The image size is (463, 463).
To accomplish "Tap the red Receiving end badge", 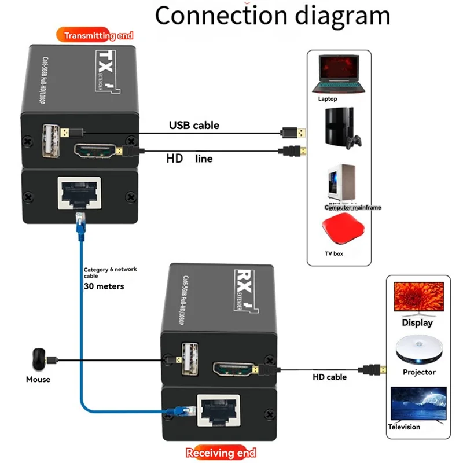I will click(x=220, y=453).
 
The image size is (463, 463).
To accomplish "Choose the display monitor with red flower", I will click(x=418, y=297).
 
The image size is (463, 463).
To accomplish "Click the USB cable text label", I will click(x=194, y=125).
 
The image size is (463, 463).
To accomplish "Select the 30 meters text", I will click(x=104, y=286).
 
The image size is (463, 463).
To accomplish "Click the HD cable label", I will click(x=329, y=377).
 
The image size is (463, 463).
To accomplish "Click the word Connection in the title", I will click(x=224, y=16).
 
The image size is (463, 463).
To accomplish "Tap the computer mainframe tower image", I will click(x=340, y=184).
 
